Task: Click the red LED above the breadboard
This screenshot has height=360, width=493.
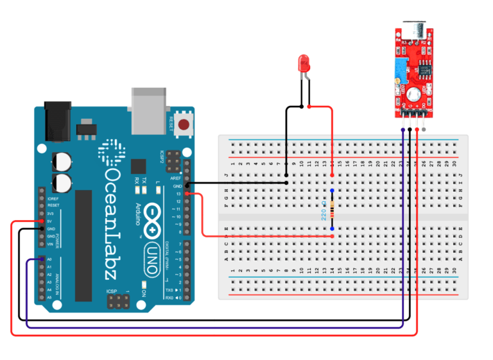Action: point(304,64)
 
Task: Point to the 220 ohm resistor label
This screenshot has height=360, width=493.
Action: point(324,210)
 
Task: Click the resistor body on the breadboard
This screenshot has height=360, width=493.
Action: point(332,209)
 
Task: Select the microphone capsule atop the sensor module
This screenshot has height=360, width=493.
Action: point(410,31)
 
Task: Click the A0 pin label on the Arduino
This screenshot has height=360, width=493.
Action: point(49,259)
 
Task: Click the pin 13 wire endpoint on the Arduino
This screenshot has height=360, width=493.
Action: point(187,193)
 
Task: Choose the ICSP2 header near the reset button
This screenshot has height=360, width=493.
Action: point(173,157)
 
